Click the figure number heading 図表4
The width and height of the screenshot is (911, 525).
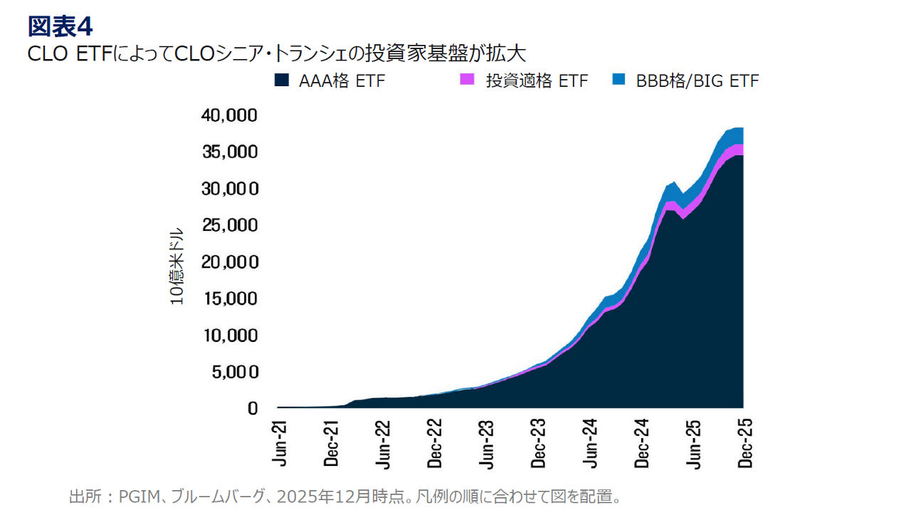(x=60, y=26)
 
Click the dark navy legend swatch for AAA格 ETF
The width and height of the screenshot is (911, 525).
(x=281, y=80)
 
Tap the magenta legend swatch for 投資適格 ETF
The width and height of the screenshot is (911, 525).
(x=467, y=80)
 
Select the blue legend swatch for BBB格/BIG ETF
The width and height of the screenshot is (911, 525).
(x=618, y=80)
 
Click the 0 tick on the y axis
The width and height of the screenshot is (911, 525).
(x=251, y=408)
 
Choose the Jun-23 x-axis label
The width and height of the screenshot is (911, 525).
(x=488, y=444)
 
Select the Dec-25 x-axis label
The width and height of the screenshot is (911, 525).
(x=746, y=444)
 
